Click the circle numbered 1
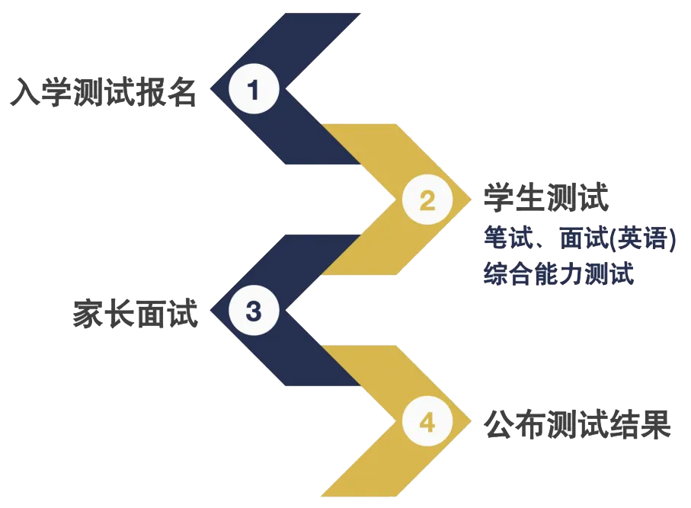[x=254, y=89]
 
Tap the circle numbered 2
[x=427, y=200]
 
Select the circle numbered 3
[x=254, y=310]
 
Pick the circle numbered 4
[x=427, y=421]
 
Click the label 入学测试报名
[x=103, y=92]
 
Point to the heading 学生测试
[x=546, y=197]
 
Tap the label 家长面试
[x=136, y=313]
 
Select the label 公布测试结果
[x=577, y=424]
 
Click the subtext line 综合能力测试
[x=558, y=273]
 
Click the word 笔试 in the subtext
[x=509, y=238]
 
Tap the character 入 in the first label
[x=25, y=92]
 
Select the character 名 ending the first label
[x=181, y=92]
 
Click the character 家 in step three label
[x=88, y=313]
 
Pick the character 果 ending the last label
[x=656, y=424]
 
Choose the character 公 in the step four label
[x=499, y=424]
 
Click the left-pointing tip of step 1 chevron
[x=210, y=89]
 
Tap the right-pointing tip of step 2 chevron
[x=472, y=200]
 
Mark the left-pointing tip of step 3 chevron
[x=210, y=310]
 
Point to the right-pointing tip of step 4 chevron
[x=472, y=421]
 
